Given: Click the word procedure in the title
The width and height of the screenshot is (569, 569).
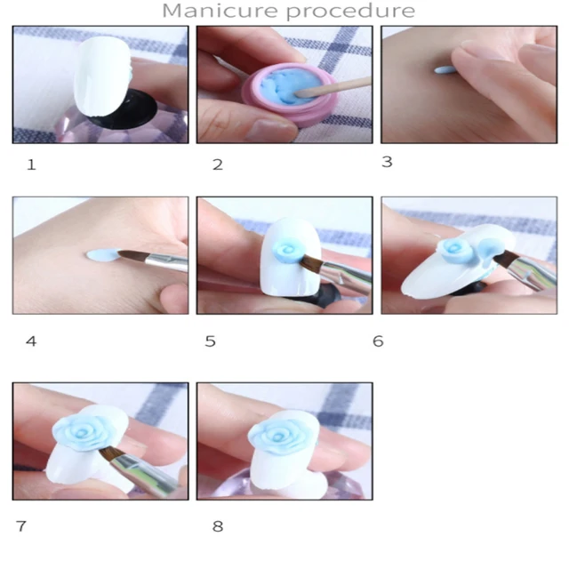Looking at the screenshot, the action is coord(350,12).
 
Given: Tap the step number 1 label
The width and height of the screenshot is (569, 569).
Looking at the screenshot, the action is coord(32,165).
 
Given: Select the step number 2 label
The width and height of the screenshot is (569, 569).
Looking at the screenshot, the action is coord(218,164).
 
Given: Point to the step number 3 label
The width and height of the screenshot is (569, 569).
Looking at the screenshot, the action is coord(388,162).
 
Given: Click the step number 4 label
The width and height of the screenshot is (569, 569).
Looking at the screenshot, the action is coord(31,341).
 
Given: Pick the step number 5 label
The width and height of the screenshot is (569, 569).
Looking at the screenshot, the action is coord(211,341).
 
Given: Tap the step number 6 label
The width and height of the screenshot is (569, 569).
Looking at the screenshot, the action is coord(378,341).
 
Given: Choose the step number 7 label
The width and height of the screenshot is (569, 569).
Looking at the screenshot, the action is coord(21,526).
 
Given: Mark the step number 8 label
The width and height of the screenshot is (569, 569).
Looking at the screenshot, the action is coord(218,526).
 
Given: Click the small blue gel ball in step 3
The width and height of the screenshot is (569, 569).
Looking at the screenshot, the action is coord(445,69).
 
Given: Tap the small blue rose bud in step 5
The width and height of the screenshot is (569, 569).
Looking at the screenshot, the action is coord(286,250).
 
